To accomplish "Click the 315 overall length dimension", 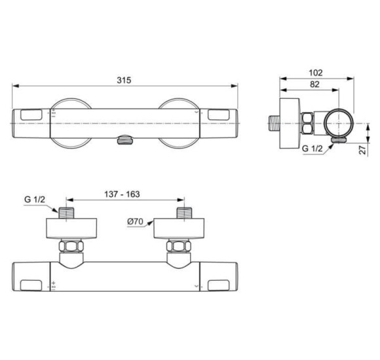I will click(124, 80).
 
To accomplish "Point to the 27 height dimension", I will click(362, 149).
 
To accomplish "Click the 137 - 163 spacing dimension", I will click(122, 195).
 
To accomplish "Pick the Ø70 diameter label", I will click(135, 223).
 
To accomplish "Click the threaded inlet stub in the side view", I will click(275, 122).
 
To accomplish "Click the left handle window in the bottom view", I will click(32, 285).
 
